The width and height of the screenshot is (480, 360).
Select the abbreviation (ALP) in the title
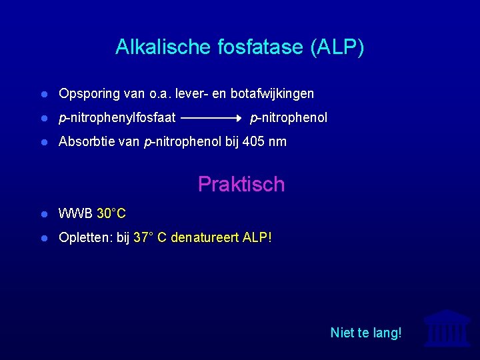pyautogui.click(x=337, y=48)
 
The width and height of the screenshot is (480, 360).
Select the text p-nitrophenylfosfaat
pyautogui.click(x=117, y=118)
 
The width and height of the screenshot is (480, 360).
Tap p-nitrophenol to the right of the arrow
pyautogui.click(x=289, y=118)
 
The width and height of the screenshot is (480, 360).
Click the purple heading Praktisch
pyautogui.click(x=241, y=185)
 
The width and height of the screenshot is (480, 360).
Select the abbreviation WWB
pyautogui.click(x=75, y=214)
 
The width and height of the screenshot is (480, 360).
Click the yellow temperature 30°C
pyautogui.click(x=111, y=214)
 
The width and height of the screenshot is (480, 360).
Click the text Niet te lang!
pyautogui.click(x=366, y=332)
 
